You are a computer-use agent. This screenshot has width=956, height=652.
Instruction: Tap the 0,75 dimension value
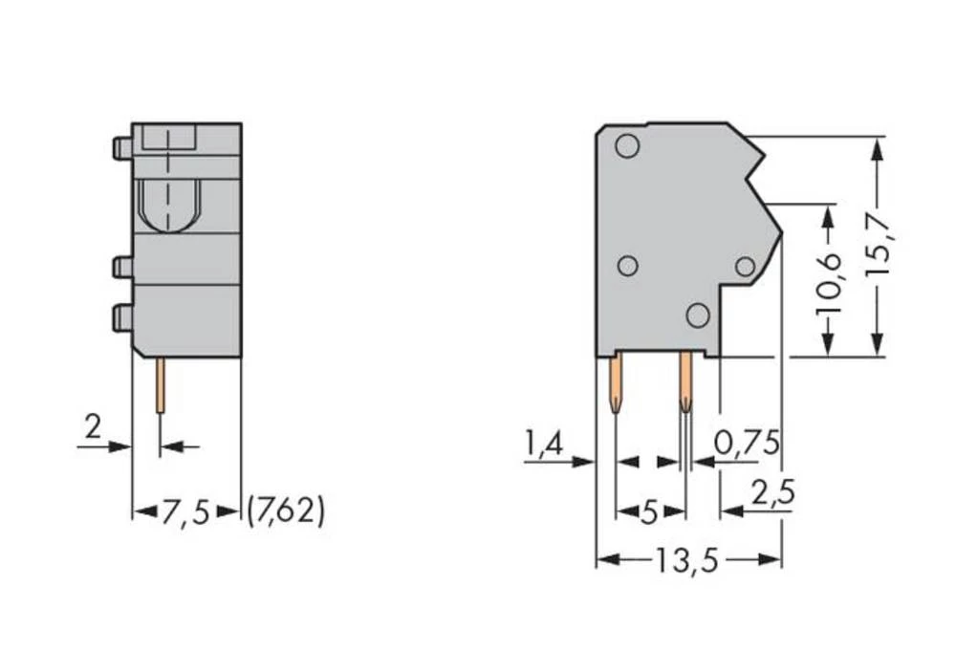tap(748, 443)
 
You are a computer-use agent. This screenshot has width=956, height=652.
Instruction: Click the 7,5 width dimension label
tap(185, 512)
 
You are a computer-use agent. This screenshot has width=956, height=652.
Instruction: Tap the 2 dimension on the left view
tap(92, 427)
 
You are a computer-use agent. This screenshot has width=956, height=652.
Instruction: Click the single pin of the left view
tap(160, 384)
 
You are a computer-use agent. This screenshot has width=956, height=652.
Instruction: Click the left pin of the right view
tap(615, 381)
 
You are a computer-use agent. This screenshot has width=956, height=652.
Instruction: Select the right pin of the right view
tap(685, 381)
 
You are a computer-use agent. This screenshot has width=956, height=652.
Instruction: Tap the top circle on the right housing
tap(627, 146)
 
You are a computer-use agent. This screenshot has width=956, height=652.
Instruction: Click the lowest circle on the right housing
tap(698, 315)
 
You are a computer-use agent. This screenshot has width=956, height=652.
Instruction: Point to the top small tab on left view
tap(121, 148)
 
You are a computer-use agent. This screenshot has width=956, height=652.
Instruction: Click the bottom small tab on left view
tap(121, 317)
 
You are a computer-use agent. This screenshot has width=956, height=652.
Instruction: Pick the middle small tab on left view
tap(121, 267)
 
